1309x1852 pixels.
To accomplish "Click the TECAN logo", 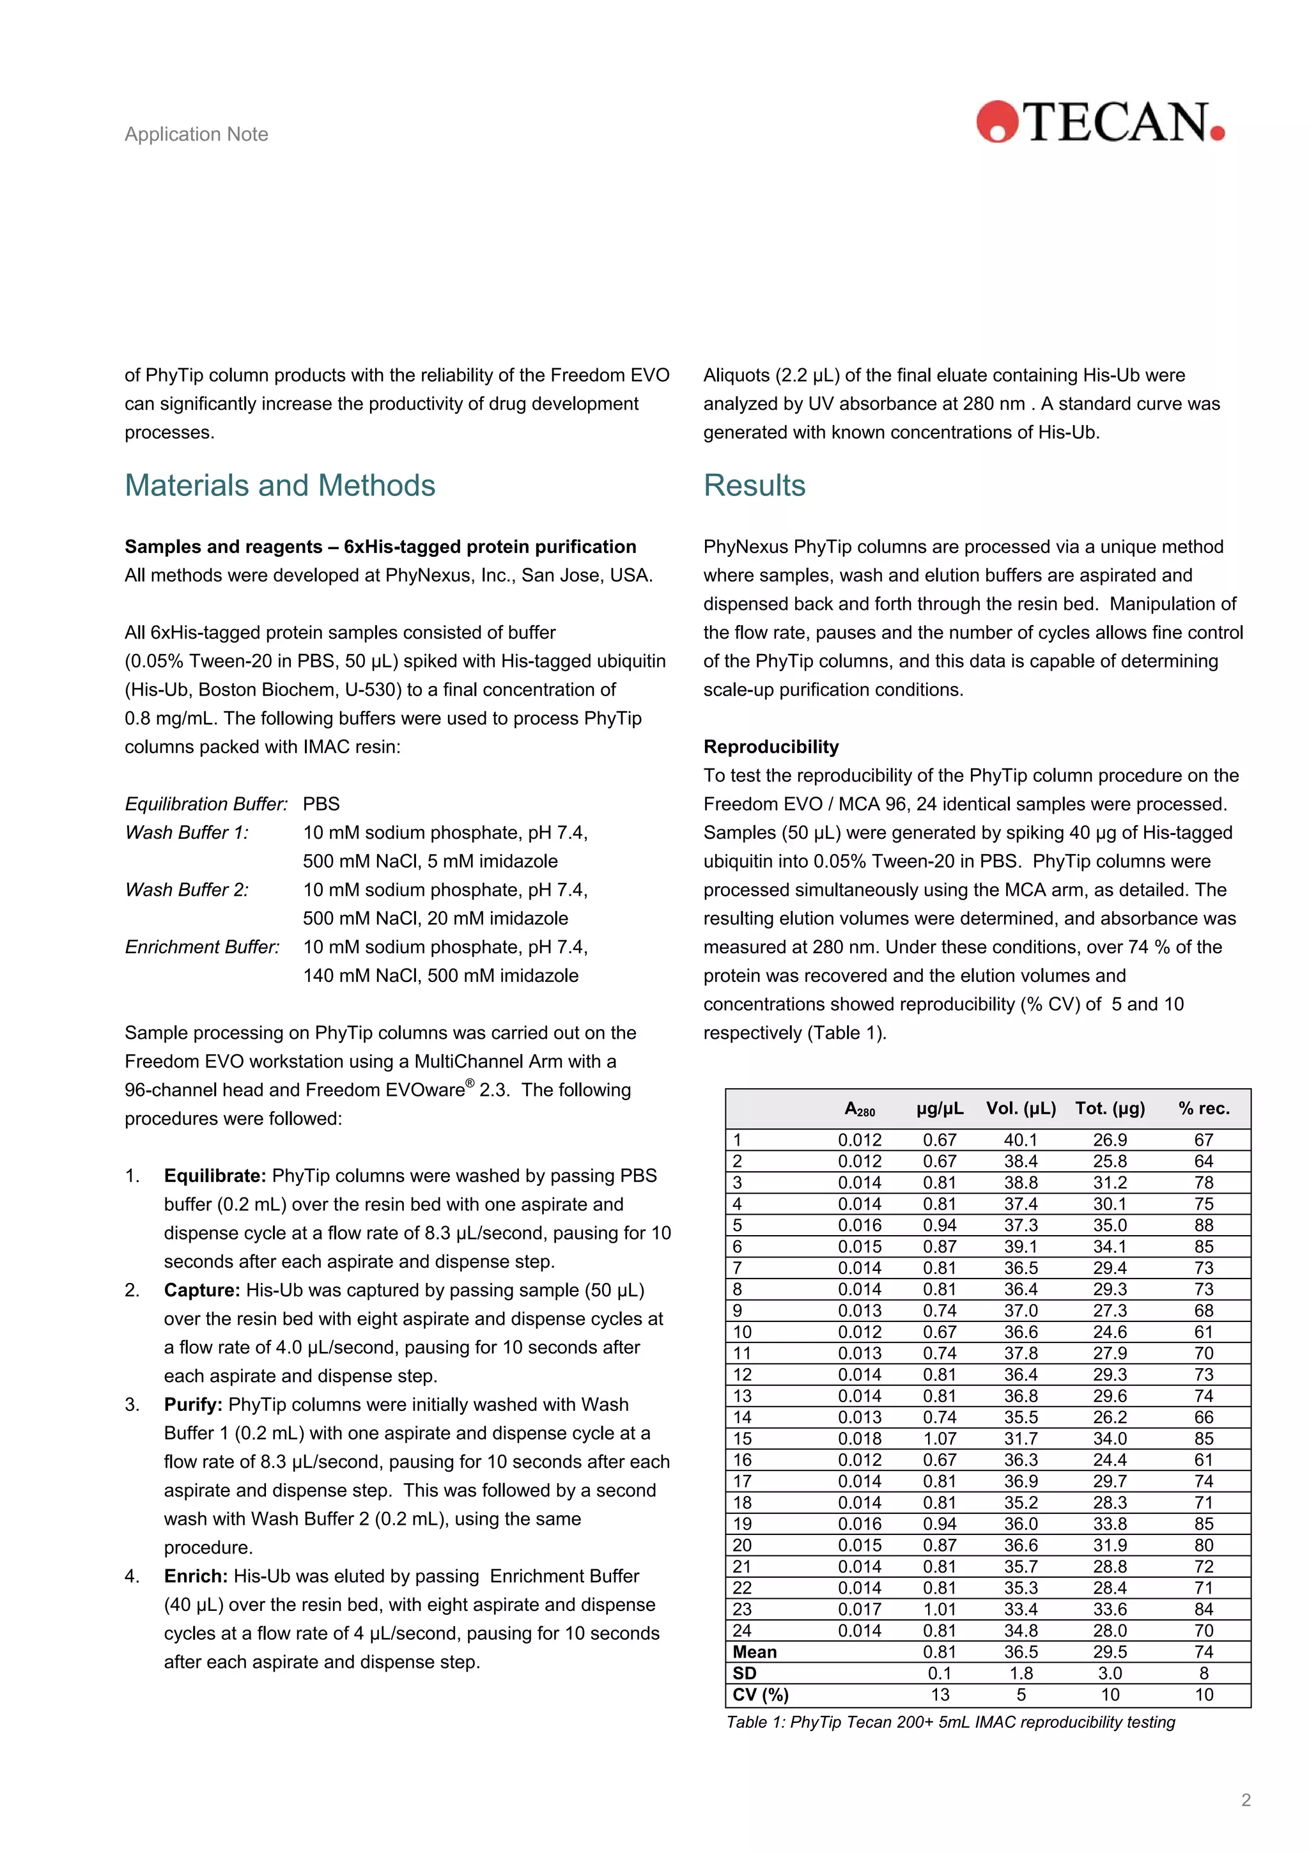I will pos(1100,122).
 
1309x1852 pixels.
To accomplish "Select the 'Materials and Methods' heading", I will pos(280,486).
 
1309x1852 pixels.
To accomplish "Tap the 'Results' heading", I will pos(754,486).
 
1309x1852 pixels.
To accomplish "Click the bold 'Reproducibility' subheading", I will pos(770,746).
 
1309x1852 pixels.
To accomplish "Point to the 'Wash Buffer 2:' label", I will pos(186,890).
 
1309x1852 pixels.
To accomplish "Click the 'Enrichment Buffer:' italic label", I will pos(201,947).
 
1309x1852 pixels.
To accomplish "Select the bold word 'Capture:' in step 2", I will pos(201,1290).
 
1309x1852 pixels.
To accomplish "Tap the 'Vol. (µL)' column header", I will pos(1020,1109).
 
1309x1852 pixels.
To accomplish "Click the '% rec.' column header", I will pos(1204,1109).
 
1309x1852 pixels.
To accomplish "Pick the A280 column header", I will pos(859,1109).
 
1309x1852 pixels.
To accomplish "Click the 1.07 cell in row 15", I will pos(940,1438).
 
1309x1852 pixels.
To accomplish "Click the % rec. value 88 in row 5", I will pos(1204,1226).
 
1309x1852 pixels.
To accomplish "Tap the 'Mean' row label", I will pos(754,1651).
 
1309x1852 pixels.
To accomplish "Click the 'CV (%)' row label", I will pos(760,1694).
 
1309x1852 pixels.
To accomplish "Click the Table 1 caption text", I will pos(950,1722).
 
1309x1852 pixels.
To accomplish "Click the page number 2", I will pos(1245,1800).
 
